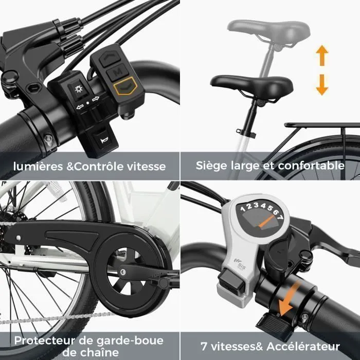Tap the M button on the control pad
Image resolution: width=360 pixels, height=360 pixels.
click(x=118, y=72)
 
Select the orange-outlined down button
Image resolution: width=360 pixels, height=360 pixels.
click(x=125, y=86)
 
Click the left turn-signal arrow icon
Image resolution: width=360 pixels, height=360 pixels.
click(x=79, y=107)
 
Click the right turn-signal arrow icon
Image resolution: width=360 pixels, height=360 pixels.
click(x=96, y=99)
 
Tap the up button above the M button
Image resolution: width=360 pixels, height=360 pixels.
click(x=110, y=58)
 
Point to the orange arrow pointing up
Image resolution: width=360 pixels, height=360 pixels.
click(x=322, y=56)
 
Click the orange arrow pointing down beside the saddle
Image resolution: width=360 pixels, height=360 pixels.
click(x=322, y=85)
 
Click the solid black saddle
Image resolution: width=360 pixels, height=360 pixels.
click(x=251, y=86)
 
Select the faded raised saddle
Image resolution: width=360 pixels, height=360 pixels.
click(x=268, y=30)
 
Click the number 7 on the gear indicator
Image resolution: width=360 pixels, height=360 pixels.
click(x=280, y=217)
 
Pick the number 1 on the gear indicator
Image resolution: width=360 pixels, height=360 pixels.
click(x=243, y=209)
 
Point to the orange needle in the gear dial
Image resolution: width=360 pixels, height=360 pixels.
click(x=267, y=221)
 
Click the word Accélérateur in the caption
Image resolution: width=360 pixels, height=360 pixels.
click(x=303, y=347)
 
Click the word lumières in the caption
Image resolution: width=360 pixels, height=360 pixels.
click(x=38, y=166)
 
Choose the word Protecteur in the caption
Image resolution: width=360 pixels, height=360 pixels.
click(x=45, y=340)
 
